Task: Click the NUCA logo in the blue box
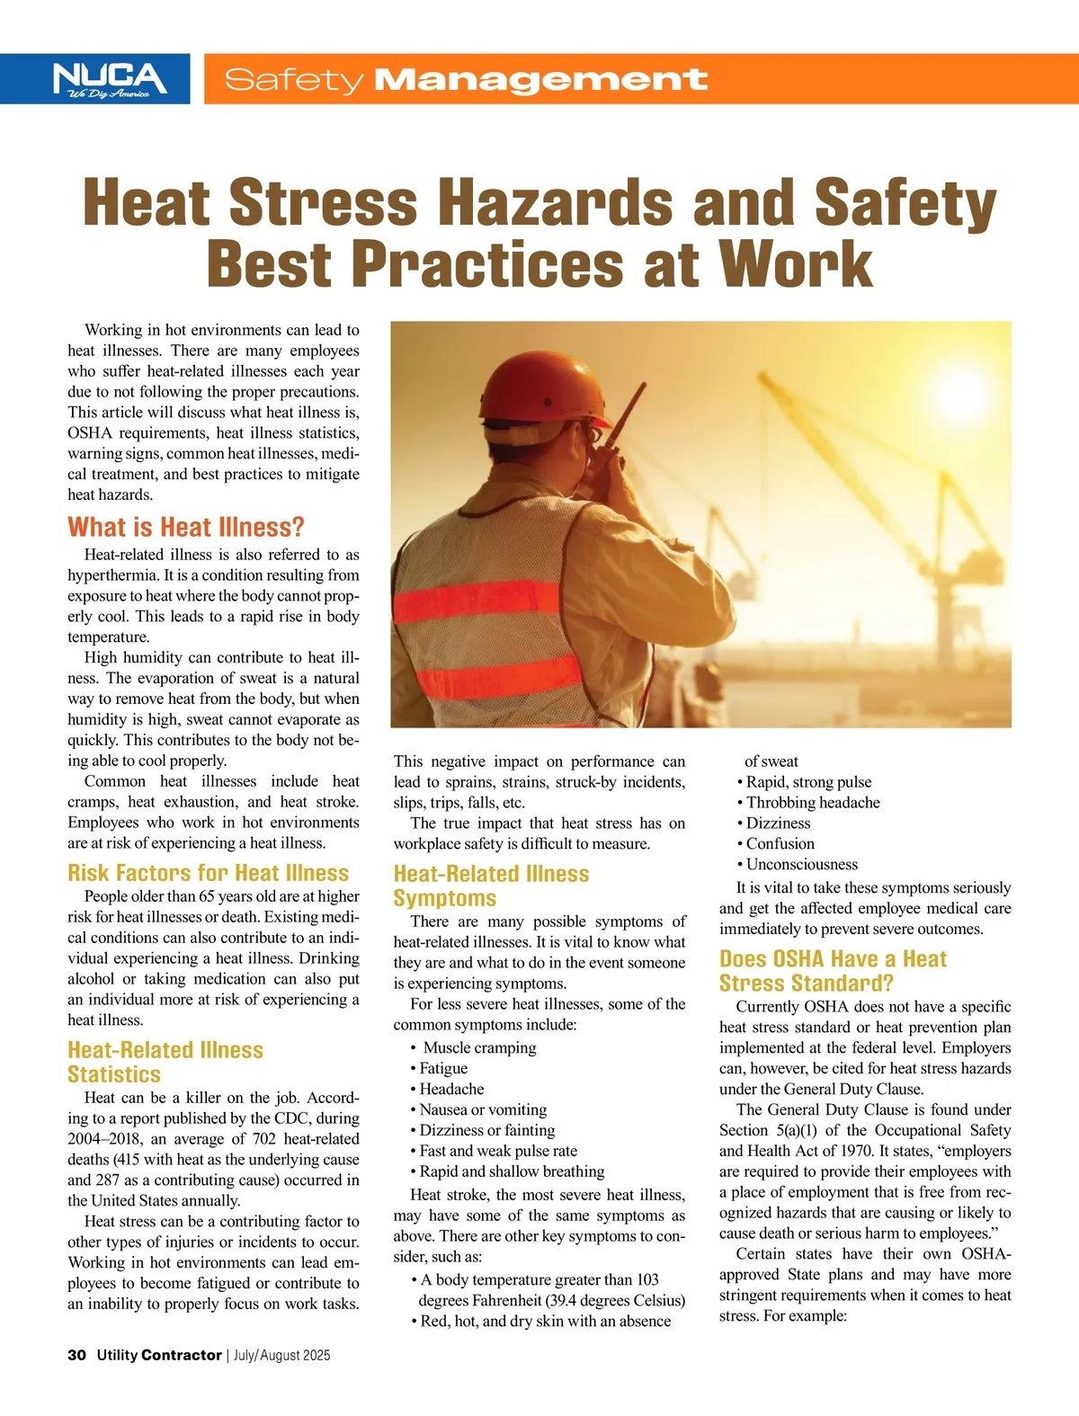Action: click(110, 78)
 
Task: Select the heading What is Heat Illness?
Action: click(186, 527)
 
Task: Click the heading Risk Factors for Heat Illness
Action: click(208, 873)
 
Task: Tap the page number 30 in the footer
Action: click(76, 1355)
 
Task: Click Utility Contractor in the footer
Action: click(159, 1355)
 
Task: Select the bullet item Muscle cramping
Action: click(479, 1047)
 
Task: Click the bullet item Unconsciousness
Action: click(801, 864)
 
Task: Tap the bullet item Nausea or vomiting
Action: click(483, 1109)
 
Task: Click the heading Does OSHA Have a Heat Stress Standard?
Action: click(833, 971)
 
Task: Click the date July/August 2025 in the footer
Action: click(281, 1355)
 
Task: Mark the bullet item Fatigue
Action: click(443, 1068)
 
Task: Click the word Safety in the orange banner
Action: click(293, 80)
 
